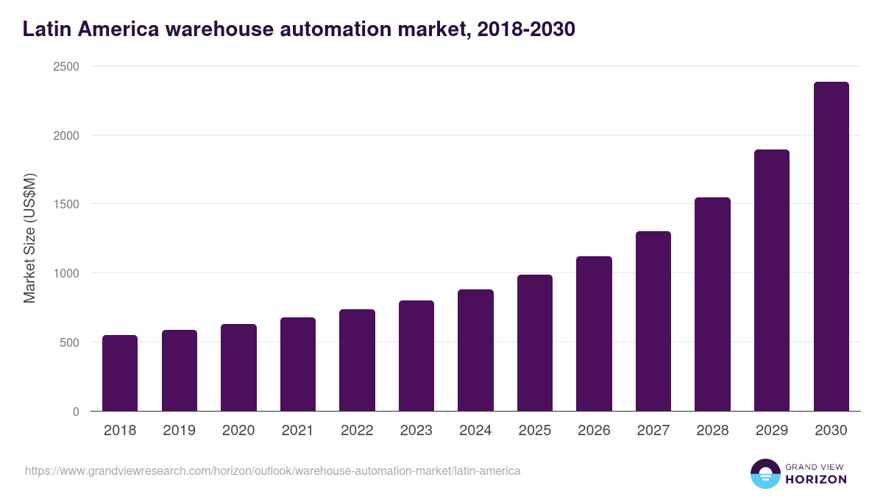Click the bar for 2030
[x=831, y=247]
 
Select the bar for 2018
[x=120, y=373]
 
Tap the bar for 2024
[x=475, y=350]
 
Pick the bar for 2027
[x=653, y=321]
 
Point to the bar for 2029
[x=772, y=281]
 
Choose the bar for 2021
[x=298, y=364]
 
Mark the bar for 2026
[x=594, y=334]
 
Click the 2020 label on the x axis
[x=238, y=431]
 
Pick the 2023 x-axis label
[x=416, y=431]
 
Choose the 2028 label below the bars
[x=712, y=431]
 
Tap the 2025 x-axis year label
[x=535, y=431]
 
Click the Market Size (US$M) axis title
[x=30, y=239]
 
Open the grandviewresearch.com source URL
[x=273, y=470]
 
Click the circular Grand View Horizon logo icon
[x=765, y=473]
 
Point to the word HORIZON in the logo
[x=816, y=479]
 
